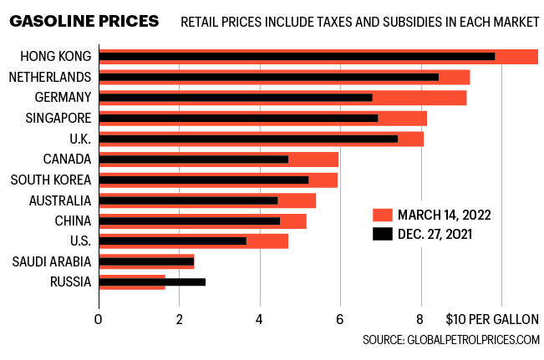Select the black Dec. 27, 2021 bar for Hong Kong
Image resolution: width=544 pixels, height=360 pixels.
point(297,57)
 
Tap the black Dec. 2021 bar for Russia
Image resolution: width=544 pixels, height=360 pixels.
point(152,281)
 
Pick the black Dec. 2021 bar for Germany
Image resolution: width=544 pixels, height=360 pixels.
point(236,98)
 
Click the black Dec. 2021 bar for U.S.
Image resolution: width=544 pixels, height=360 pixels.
point(172,241)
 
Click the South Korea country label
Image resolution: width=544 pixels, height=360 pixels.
point(50,180)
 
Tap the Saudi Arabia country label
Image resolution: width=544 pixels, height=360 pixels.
point(52,261)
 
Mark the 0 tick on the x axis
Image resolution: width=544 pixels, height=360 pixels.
point(99,319)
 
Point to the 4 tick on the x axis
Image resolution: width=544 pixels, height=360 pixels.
point(260,319)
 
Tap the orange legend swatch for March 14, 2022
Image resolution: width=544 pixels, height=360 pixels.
point(382,214)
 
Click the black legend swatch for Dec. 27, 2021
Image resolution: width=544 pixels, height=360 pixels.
point(382,234)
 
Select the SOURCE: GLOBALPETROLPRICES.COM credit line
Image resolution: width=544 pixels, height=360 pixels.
point(451,340)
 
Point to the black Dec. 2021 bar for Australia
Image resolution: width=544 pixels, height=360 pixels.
point(188,200)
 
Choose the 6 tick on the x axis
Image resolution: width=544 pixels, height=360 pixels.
point(340,319)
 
